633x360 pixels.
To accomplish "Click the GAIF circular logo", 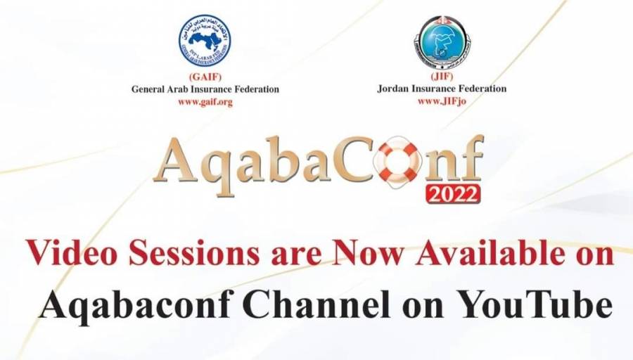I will [205, 41].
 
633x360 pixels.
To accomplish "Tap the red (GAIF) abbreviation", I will [205, 77].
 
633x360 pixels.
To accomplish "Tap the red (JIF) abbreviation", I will [442, 77].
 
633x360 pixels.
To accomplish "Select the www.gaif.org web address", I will [205, 101].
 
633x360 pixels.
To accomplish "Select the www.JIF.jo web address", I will [442, 101].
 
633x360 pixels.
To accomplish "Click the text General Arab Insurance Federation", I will [205, 89].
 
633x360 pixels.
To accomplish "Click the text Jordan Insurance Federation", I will [442, 89].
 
